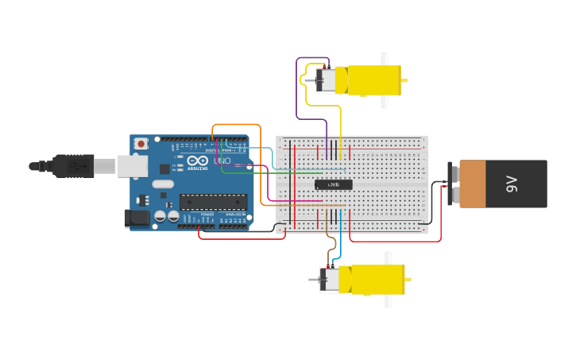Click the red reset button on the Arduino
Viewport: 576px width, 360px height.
coord(141,144)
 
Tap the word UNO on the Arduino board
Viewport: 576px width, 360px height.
coord(222,161)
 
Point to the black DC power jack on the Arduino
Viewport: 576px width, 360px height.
coord(137,217)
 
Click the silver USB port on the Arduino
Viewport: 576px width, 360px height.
coord(132,166)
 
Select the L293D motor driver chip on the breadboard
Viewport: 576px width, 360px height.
coord(334,184)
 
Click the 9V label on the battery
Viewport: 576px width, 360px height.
coord(512,184)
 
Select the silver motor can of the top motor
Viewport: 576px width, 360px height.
coord(325,80)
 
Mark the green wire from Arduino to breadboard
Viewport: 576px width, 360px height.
coord(270,172)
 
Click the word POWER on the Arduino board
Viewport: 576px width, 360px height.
coord(207,215)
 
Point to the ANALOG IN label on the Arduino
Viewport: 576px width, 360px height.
coord(235,215)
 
